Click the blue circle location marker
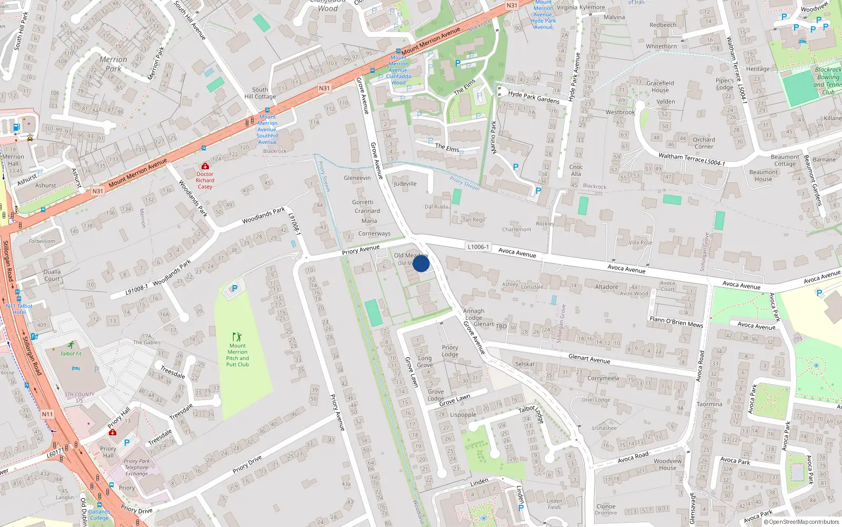point(421,263)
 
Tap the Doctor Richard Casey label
point(205,180)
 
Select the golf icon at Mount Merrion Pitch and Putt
point(237,336)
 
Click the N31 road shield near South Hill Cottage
point(324,89)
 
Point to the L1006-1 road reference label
point(478,247)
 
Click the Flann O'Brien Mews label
point(676,322)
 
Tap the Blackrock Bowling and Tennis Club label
point(828,81)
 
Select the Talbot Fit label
point(71,354)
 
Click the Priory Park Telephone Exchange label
point(137,467)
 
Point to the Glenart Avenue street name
point(589,359)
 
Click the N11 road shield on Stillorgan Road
point(47,414)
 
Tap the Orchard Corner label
point(704,143)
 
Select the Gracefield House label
point(660,86)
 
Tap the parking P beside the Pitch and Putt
point(235,288)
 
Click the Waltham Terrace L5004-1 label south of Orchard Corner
point(691,159)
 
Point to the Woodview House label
point(667,464)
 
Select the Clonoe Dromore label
point(606,509)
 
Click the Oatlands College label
point(99,515)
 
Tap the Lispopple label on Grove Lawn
point(463,415)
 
